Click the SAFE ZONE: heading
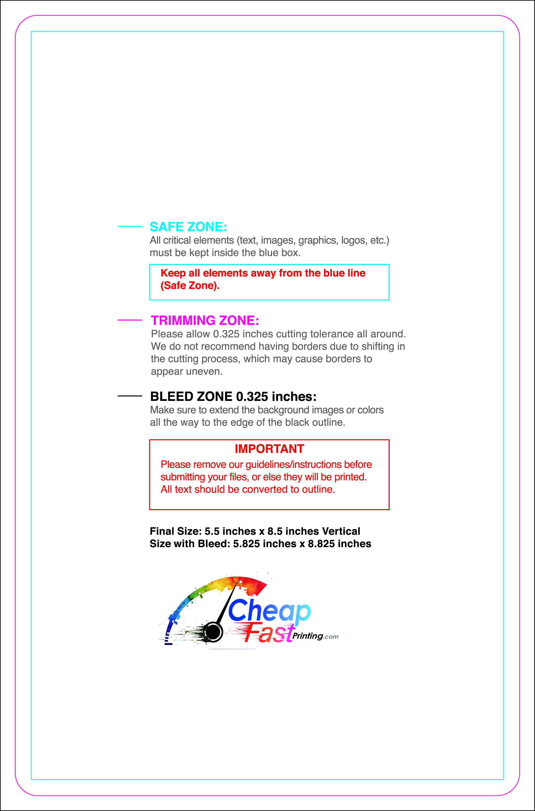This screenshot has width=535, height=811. [188, 227]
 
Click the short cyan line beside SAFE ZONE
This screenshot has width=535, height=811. [130, 226]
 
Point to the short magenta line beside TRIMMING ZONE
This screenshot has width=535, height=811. [130, 320]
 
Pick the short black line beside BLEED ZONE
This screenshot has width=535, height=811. [130, 396]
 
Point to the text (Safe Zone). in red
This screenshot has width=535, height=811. [190, 285]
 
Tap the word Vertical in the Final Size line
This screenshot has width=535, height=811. [341, 531]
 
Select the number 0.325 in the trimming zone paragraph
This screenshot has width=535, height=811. [226, 334]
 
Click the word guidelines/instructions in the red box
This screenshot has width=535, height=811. [293, 464]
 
